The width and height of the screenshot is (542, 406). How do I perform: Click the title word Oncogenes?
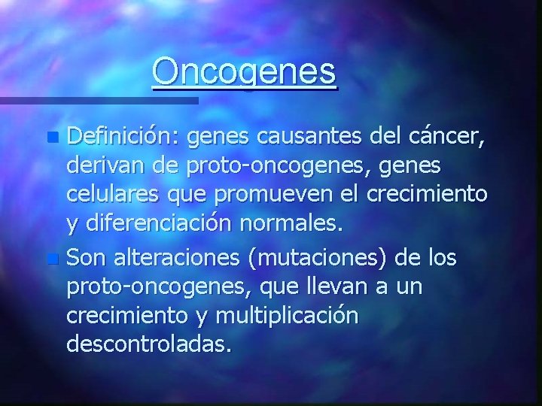(245, 72)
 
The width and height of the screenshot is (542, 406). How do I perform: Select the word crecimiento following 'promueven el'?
(428, 192)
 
